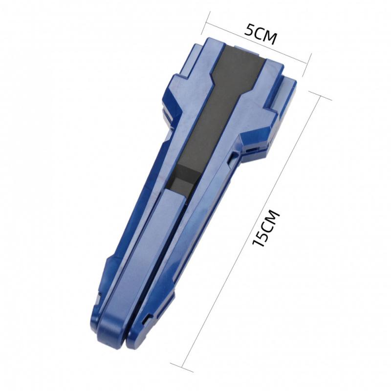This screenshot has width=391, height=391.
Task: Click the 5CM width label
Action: (x=261, y=35)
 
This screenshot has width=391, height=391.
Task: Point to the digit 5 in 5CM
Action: (x=250, y=30)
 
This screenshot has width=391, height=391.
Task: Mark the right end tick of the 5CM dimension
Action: (x=310, y=61)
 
